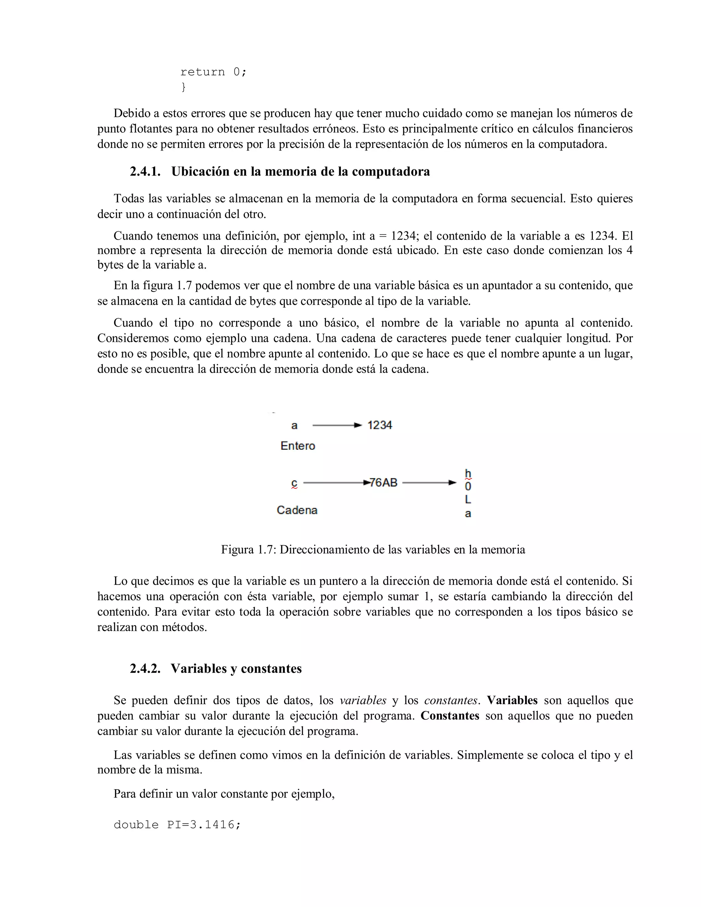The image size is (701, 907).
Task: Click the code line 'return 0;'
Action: click(x=214, y=72)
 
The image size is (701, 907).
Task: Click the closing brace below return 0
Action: click(x=183, y=87)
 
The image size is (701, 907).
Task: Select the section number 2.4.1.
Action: click(x=145, y=171)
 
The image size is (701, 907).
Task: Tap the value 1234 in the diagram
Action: click(x=380, y=425)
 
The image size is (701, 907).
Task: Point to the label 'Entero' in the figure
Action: click(x=298, y=446)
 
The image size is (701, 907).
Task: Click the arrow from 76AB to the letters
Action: click(x=429, y=483)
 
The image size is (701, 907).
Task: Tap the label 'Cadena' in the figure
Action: click(x=297, y=510)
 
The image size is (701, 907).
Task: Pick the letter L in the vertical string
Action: click(x=468, y=500)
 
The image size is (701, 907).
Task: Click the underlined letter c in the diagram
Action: click(x=294, y=483)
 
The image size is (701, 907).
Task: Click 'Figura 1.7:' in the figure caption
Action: click(x=248, y=550)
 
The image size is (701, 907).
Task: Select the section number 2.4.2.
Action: click(x=145, y=669)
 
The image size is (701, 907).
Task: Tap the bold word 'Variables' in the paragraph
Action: click(x=512, y=701)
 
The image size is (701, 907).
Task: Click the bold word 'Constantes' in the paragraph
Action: click(x=450, y=716)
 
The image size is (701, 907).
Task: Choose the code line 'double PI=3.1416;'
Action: click(x=177, y=825)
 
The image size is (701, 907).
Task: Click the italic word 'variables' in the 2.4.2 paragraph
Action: click(x=362, y=701)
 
